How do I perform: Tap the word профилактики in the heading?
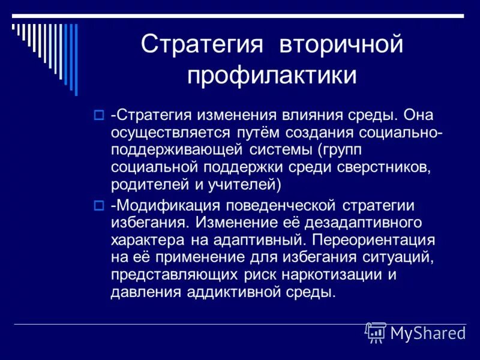click(x=272, y=76)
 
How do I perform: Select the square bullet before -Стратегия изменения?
click(x=100, y=113)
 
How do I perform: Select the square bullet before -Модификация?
click(x=100, y=206)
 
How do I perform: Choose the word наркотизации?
click(x=350, y=275)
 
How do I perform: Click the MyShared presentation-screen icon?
click(x=376, y=332)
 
